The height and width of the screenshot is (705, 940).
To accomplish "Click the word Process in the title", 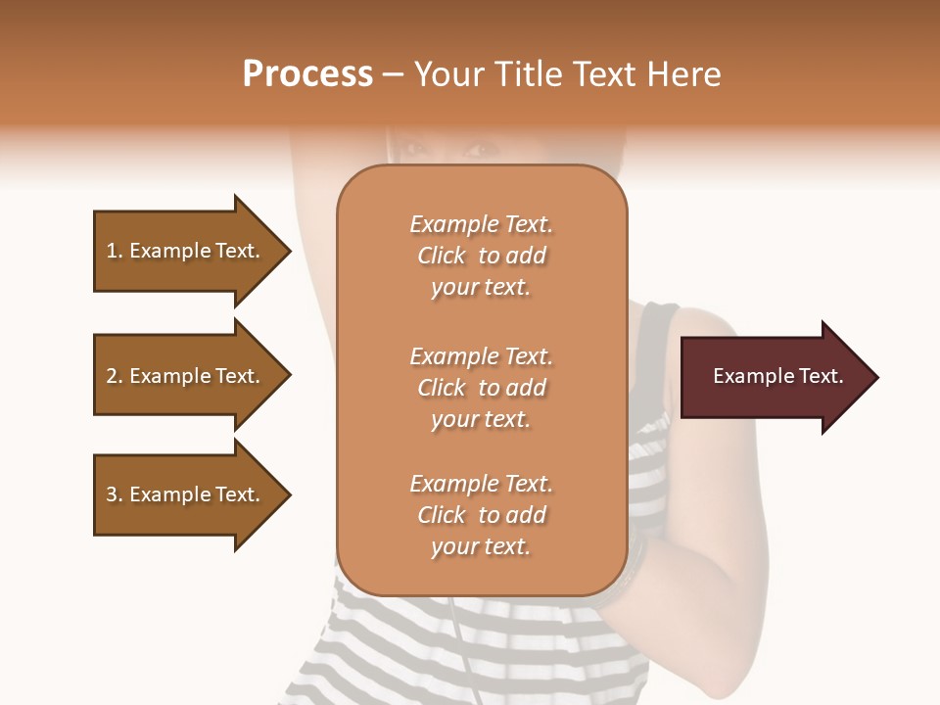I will click(x=307, y=74).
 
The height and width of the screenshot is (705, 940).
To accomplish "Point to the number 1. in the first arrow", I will click(x=115, y=252).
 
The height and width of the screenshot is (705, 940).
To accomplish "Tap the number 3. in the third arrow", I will click(x=115, y=495).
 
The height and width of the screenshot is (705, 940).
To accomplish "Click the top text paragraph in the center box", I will click(x=481, y=256).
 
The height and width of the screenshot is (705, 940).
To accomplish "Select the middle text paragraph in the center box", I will click(x=481, y=388).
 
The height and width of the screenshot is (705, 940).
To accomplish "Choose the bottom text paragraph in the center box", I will click(x=481, y=515).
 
